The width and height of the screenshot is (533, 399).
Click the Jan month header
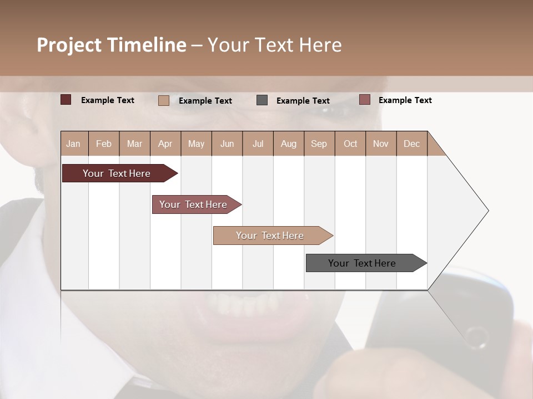click(74, 144)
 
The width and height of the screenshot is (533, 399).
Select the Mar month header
click(134, 144)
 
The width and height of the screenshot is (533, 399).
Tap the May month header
click(196, 144)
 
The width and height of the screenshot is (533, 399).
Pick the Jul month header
click(258, 144)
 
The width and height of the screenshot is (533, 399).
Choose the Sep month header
click(319, 144)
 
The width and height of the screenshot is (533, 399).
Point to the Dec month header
click(411, 144)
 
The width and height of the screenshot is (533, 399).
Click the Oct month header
click(350, 144)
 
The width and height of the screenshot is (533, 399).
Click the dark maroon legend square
click(66, 100)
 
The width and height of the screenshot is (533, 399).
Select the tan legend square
click(164, 100)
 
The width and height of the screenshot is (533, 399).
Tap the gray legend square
click(262, 100)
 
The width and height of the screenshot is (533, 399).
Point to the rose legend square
click(364, 100)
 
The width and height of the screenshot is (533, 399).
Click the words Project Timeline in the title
click(111, 45)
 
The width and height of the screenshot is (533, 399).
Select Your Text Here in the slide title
click(274, 45)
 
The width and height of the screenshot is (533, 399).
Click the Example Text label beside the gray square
click(303, 101)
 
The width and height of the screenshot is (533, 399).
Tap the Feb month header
click(104, 144)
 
